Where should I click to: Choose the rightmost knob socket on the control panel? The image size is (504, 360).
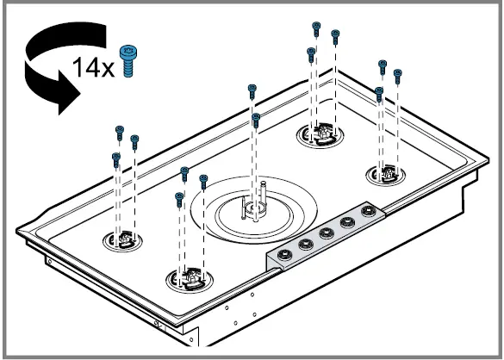point(368,210)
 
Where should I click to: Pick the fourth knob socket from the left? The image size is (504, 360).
point(347,220)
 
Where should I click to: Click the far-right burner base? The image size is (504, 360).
point(385,175)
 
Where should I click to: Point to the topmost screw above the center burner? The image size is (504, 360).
point(252,89)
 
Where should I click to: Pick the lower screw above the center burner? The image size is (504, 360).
point(256,116)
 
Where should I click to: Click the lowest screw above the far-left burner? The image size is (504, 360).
point(115,158)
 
